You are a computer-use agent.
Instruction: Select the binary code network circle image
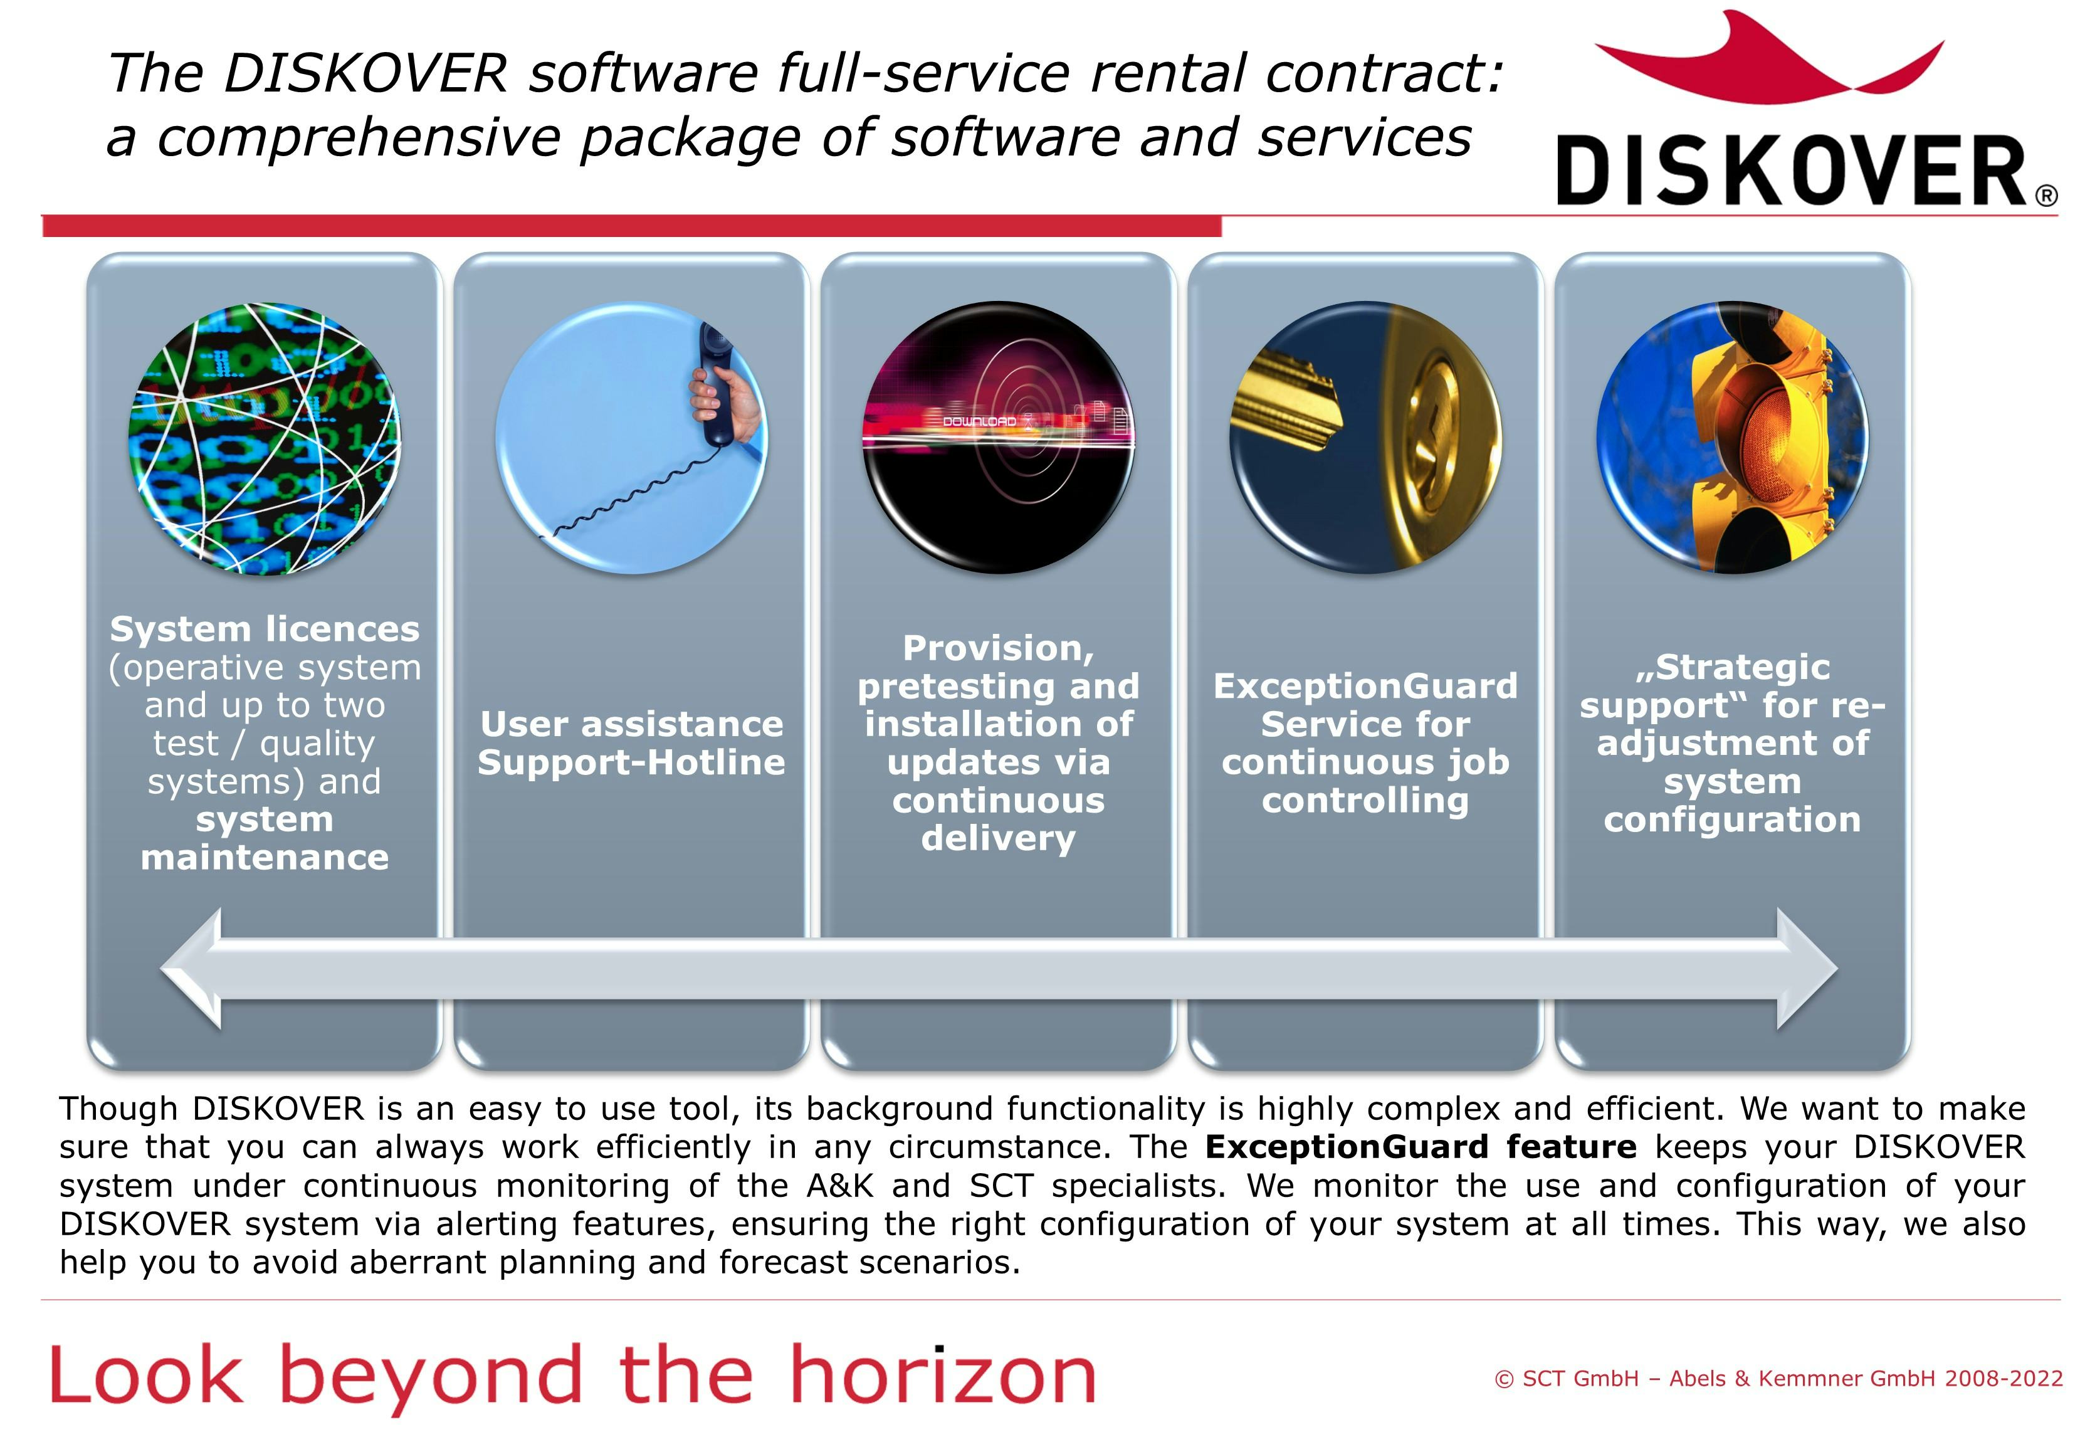(x=264, y=439)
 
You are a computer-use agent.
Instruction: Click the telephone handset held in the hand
(x=715, y=384)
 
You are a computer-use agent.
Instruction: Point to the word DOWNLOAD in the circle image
(x=980, y=421)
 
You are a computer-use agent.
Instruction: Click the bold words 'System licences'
(x=264, y=629)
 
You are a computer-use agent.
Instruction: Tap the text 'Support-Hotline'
(x=631, y=762)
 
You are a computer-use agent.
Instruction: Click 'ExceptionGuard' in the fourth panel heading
(x=1365, y=687)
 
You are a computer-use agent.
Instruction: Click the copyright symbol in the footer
(x=1505, y=1379)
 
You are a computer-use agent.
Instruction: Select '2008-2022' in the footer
(x=2004, y=1379)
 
